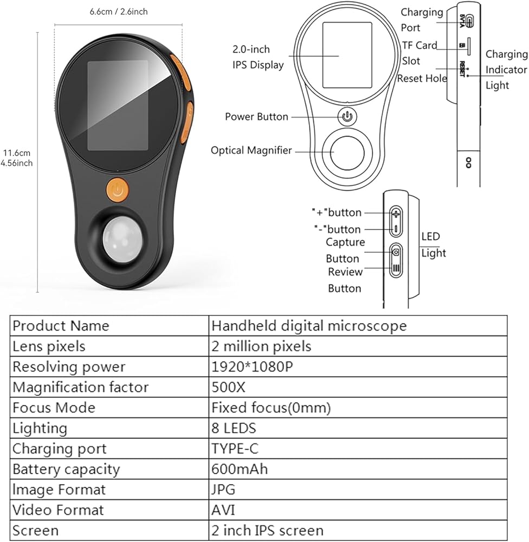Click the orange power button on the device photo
[x=118, y=189]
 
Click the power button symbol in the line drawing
[x=347, y=117]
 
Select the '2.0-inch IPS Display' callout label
[x=258, y=57]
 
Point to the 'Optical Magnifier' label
[x=251, y=150]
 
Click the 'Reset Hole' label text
[x=422, y=79]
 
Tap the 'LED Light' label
[x=434, y=245]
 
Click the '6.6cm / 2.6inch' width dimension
[x=119, y=12]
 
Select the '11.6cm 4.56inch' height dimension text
[x=16, y=158]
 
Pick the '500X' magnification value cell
[x=228, y=387]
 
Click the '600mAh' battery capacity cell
[x=240, y=469]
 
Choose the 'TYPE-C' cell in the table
[x=235, y=449]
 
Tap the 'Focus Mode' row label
[x=54, y=408]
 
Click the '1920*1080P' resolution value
[x=252, y=367]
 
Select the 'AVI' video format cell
[x=223, y=510]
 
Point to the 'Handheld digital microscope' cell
[x=309, y=326]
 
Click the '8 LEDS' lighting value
[x=234, y=428]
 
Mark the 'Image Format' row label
[x=59, y=490]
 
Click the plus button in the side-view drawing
[x=396, y=214]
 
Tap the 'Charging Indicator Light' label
[x=507, y=69]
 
